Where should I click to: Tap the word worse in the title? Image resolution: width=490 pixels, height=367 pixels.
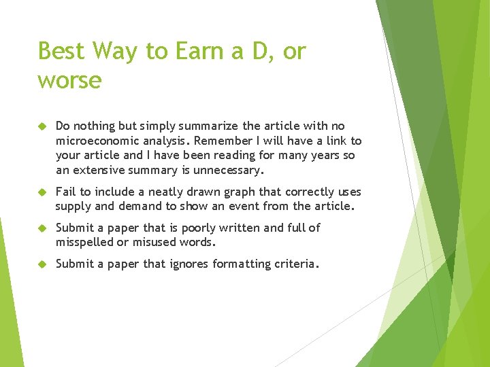point(69,81)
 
